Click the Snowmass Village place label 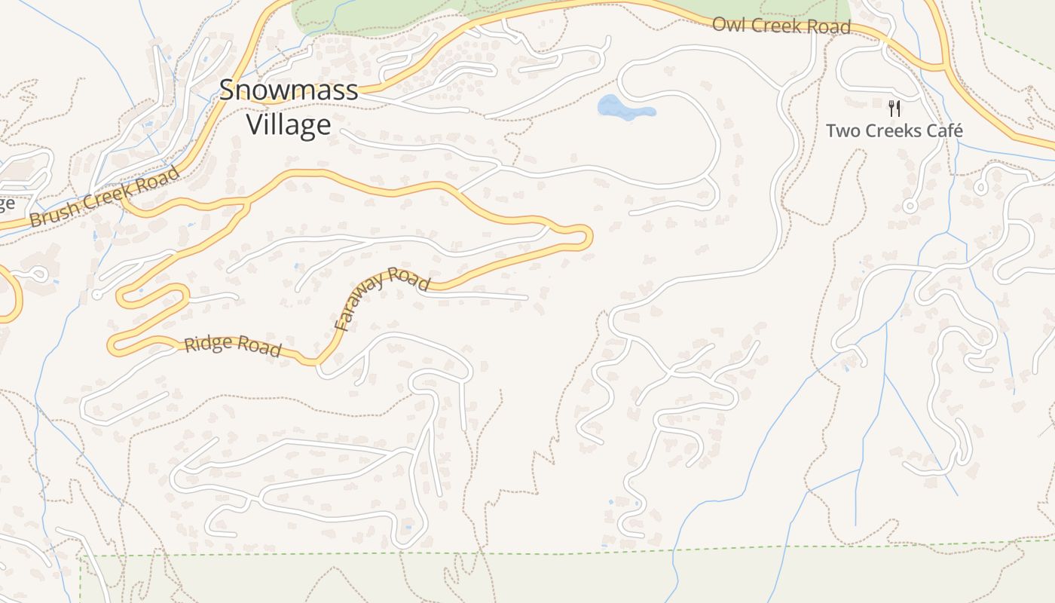[x=289, y=107]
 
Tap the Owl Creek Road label [x=781, y=26]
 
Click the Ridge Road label [x=233, y=346]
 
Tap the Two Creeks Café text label [x=894, y=130]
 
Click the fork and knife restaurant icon [x=894, y=108]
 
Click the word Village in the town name [x=289, y=124]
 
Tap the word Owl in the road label [x=728, y=23]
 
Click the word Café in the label [x=942, y=130]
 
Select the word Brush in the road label [x=54, y=215]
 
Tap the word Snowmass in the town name [x=289, y=90]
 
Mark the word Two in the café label [x=842, y=130]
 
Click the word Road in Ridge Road [x=258, y=349]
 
